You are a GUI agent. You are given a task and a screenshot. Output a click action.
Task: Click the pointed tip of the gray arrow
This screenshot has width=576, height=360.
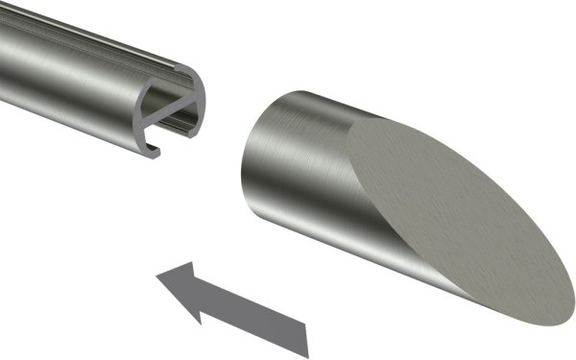pyautogui.click(x=157, y=279)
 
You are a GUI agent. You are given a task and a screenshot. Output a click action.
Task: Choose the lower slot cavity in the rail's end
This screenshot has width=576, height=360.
pyautogui.click(x=179, y=130)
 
